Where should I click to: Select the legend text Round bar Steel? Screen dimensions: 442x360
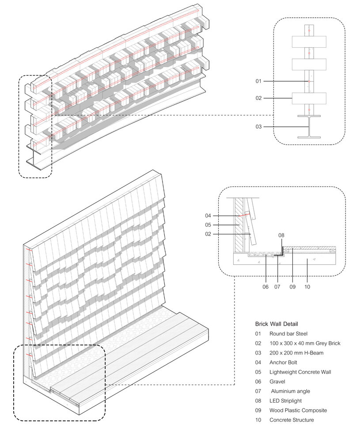pos(288,334)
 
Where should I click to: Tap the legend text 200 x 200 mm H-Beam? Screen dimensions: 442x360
pos(295,353)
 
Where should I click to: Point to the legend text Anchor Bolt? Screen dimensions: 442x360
pos(285,362)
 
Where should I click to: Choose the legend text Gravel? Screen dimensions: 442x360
pos(277,381)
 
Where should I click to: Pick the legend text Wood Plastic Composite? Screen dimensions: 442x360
pos(298,411)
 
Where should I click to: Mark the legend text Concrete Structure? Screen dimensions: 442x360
pos(292,420)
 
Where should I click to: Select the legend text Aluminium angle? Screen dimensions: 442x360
pos(291,391)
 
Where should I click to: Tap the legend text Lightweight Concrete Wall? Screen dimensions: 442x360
pos(300,372)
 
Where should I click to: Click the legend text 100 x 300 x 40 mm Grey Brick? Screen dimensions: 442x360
pos(305,343)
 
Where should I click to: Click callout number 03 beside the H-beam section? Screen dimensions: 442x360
pos(259,127)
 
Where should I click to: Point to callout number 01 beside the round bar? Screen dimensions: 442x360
pos(259,81)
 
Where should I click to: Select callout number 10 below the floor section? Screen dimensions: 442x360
pos(307,287)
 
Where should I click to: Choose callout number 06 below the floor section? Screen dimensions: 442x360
pos(265,287)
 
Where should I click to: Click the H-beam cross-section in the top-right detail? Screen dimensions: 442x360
pos(309,127)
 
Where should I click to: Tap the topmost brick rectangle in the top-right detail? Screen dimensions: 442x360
pos(309,42)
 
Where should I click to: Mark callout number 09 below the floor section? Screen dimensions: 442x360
pos(292,287)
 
